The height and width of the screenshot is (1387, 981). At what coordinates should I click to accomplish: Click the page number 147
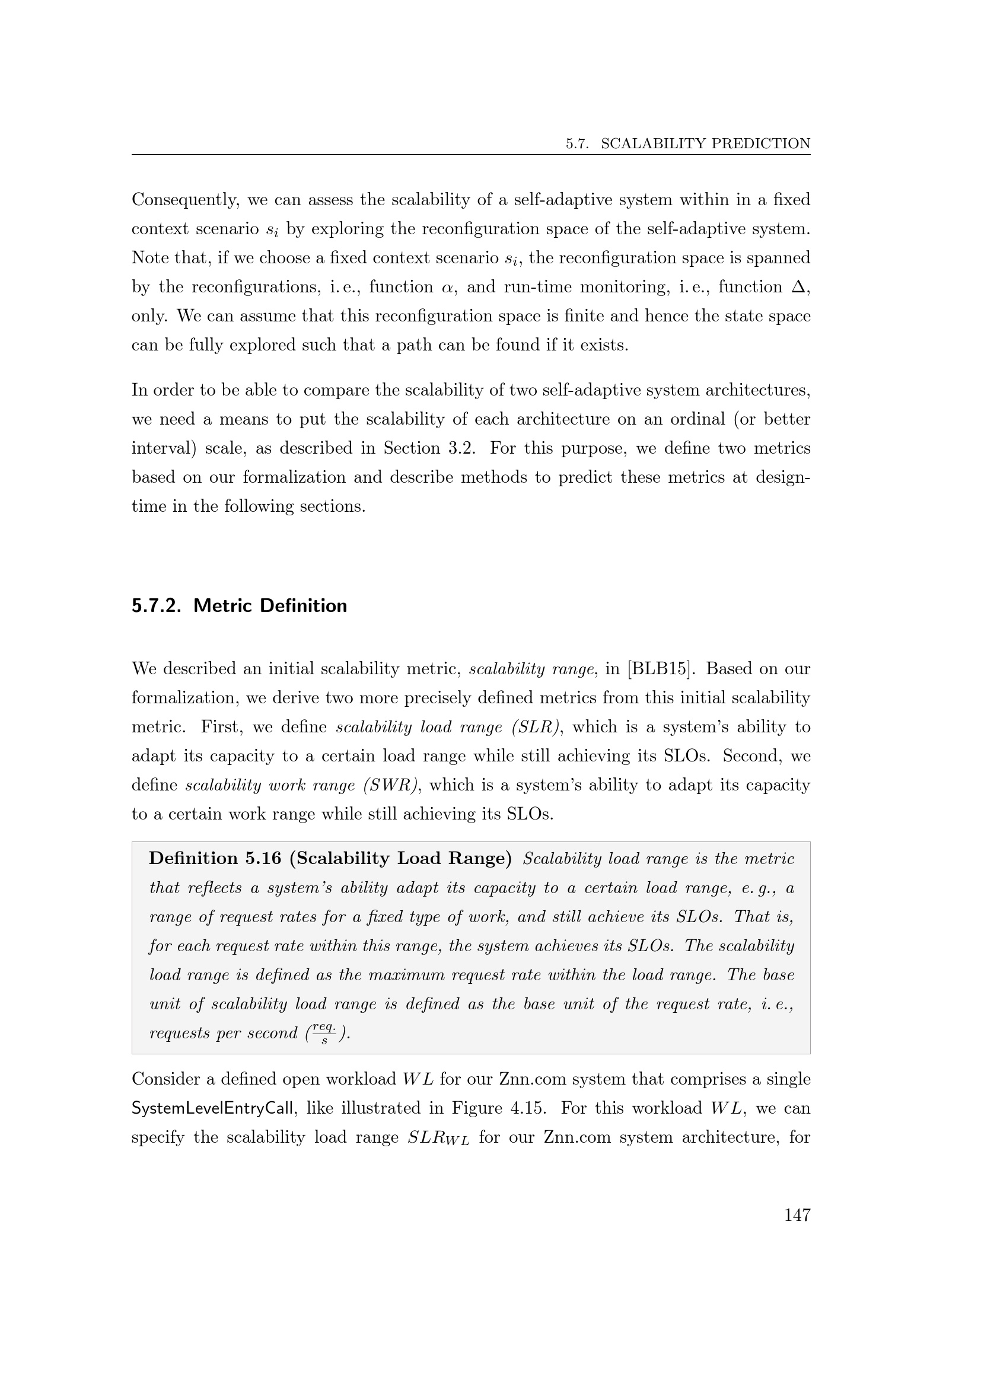pyautogui.click(x=797, y=1216)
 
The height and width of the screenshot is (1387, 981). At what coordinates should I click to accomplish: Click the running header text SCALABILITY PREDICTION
pyautogui.click(x=706, y=144)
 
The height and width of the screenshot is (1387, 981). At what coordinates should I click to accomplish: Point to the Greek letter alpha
pyautogui.click(x=447, y=288)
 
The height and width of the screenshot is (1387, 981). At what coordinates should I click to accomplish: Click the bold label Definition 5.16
pyautogui.click(x=215, y=859)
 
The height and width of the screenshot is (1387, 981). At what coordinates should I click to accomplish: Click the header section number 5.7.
pyautogui.click(x=577, y=144)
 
